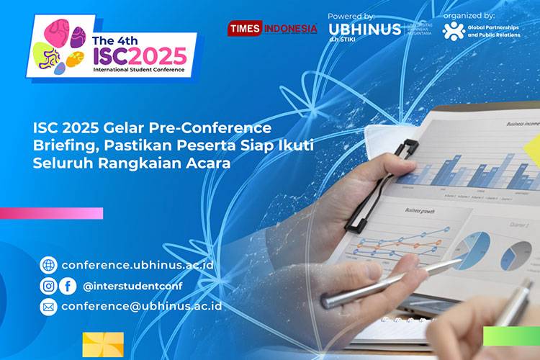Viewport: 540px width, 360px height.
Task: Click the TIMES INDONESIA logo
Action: (x=272, y=29)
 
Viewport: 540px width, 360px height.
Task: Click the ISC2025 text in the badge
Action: (x=140, y=55)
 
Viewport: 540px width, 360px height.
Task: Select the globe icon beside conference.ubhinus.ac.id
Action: (x=48, y=264)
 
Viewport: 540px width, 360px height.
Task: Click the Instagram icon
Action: (x=48, y=286)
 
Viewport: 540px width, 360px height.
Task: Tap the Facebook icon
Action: (x=68, y=286)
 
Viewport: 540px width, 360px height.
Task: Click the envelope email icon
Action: (x=48, y=307)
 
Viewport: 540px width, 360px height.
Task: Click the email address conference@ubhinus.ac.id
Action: (x=141, y=306)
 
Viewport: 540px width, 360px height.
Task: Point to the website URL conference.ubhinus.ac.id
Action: (x=138, y=264)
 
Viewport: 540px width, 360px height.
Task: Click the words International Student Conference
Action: (x=138, y=71)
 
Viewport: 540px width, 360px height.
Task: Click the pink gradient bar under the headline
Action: (x=50, y=213)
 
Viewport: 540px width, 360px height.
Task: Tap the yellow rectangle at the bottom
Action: (x=103, y=345)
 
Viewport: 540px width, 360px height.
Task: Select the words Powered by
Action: (x=351, y=15)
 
